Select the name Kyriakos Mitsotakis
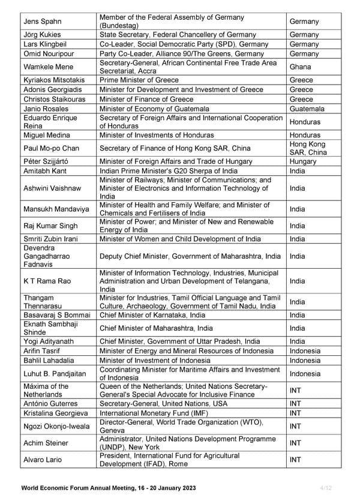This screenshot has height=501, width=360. (53, 80)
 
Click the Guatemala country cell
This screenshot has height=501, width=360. (307, 109)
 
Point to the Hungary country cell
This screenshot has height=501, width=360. (304, 161)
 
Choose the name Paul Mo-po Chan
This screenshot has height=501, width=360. (51, 148)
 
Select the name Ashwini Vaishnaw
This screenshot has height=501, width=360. (52, 188)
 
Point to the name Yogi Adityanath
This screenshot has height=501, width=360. (49, 341)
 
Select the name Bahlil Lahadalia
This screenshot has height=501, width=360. (49, 361)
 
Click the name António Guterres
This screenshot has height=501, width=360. (50, 404)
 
